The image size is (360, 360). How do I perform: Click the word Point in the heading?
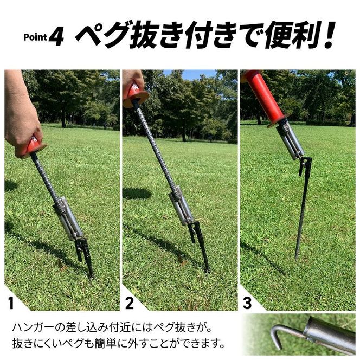(35, 37)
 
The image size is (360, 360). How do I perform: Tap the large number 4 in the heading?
(56, 36)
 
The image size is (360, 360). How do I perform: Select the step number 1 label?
(11, 303)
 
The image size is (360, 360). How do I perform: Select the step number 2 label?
(130, 303)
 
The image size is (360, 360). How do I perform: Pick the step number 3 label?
(247, 303)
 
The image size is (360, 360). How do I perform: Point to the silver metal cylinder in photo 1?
(68, 218)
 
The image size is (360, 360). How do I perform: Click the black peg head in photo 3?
(305, 166)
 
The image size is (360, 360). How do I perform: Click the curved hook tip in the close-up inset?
(278, 348)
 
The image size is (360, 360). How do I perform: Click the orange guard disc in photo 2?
(136, 99)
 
